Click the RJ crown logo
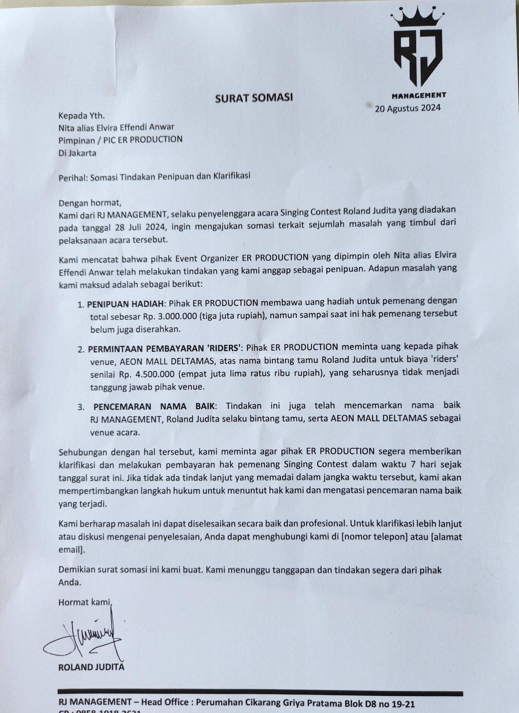click(418, 50)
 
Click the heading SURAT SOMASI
click(254, 98)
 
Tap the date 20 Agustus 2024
click(407, 108)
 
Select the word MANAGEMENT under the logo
click(419, 95)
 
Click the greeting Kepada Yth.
click(81, 116)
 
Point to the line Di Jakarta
click(77, 153)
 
